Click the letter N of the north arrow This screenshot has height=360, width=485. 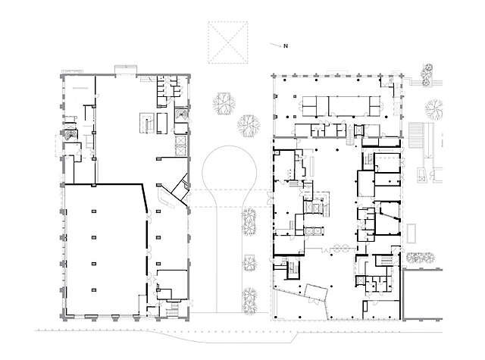[286, 47]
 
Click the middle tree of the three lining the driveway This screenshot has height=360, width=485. [248, 265]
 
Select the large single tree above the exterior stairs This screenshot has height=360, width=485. [435, 110]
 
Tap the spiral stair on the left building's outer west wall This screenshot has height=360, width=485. [70, 133]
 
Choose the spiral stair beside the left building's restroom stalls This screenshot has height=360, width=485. [182, 114]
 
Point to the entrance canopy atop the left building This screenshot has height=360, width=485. [124, 70]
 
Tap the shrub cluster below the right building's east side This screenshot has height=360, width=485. [421, 258]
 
